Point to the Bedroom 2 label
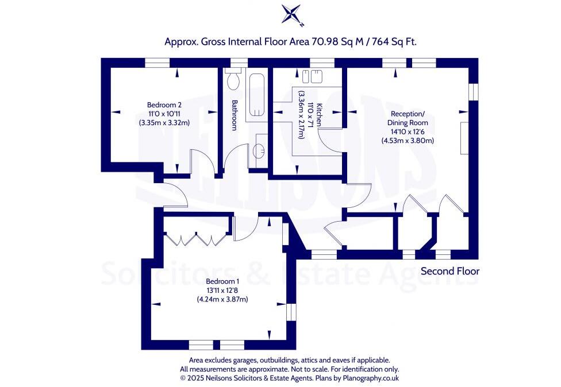164,105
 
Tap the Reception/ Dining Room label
408,118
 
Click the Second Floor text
449,271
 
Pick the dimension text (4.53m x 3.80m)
408,141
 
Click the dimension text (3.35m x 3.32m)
164,122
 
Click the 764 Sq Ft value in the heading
394,41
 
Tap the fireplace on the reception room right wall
464,138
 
